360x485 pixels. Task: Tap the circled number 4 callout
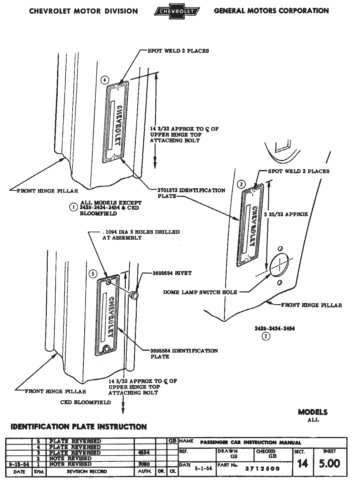[105, 80]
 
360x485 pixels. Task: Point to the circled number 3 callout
[241, 184]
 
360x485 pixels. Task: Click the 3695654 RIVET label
[172, 273]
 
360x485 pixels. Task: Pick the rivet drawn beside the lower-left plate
[134, 294]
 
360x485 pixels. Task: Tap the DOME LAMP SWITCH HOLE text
[200, 292]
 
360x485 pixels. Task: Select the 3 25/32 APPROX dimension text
[286, 214]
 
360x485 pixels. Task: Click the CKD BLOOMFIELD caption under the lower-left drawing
[86, 402]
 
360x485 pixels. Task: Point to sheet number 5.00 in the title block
[329, 464]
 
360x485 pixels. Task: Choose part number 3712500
[262, 469]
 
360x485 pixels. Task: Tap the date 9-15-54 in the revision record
[19, 464]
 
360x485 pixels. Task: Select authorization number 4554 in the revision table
[144, 453]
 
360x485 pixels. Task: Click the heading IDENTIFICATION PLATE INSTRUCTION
[79, 427]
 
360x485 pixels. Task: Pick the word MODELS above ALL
[313, 412]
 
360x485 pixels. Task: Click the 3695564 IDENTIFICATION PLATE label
[184, 354]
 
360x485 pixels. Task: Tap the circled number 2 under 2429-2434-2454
[266, 336]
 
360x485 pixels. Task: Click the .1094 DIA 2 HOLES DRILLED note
[141, 235]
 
